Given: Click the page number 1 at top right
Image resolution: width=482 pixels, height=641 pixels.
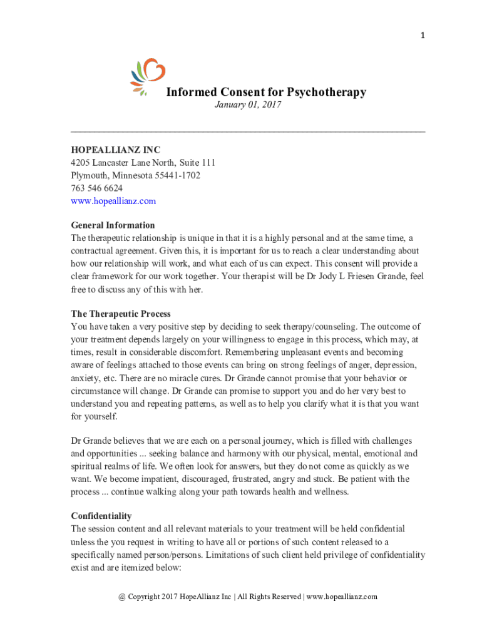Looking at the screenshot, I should click(x=423, y=36).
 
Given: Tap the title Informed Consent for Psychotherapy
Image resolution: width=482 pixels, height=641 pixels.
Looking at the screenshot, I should click(x=265, y=93).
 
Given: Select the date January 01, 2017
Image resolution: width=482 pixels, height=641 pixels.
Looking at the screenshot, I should click(x=247, y=105).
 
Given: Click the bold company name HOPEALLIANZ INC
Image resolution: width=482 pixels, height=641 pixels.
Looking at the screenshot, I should click(x=115, y=150).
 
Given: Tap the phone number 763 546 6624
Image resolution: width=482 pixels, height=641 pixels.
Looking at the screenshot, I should click(x=96, y=188).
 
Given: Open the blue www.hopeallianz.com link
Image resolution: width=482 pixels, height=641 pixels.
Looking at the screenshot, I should click(x=113, y=201).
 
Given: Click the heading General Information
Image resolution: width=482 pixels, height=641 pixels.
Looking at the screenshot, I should click(x=113, y=225).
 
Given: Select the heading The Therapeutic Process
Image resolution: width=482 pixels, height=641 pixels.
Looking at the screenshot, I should click(x=121, y=314).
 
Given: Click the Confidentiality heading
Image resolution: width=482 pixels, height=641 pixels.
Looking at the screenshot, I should click(x=101, y=516).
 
